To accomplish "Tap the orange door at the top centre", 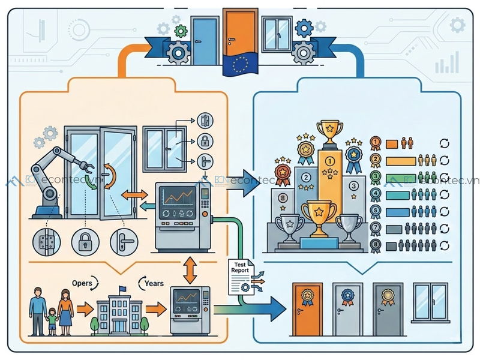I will pyautogui.click(x=240, y=34).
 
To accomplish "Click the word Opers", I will pyautogui.click(x=82, y=283).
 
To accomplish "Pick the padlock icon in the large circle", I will pyautogui.click(x=85, y=242).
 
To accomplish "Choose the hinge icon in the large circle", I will pyautogui.click(x=46, y=242).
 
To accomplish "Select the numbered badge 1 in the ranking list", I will pyautogui.click(x=375, y=143).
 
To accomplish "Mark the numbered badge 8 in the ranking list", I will pyautogui.click(x=375, y=245).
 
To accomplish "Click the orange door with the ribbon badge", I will pyautogui.click(x=308, y=309).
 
